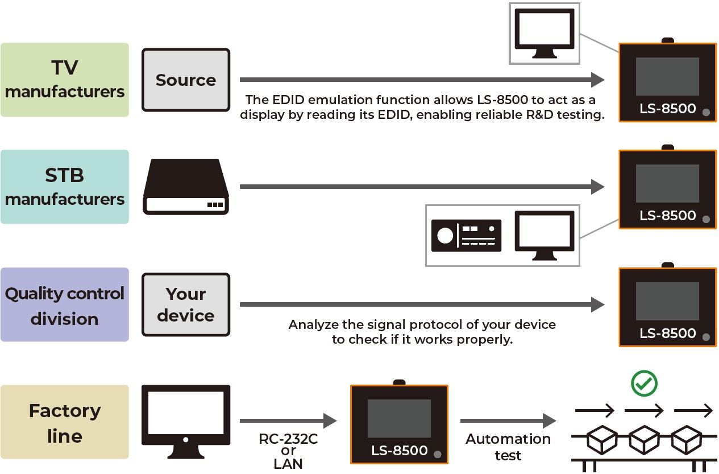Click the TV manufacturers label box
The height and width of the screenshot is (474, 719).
64,80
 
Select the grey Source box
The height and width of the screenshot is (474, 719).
186,80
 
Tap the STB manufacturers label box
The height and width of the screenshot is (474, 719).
64,187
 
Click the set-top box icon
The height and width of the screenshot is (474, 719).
186,187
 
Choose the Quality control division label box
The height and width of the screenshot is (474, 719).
64,304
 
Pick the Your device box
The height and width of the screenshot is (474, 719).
186,304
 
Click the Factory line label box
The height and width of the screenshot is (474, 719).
64,422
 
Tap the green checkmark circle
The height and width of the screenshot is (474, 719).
644,384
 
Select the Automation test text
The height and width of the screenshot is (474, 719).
508,447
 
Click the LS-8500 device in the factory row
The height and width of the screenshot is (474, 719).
399,423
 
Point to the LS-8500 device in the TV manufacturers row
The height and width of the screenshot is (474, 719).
667,82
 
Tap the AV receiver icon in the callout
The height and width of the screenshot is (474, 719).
467,235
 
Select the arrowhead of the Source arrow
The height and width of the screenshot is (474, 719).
597,80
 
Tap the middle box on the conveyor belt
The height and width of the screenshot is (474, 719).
644,439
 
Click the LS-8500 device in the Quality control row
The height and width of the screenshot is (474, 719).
667,307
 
